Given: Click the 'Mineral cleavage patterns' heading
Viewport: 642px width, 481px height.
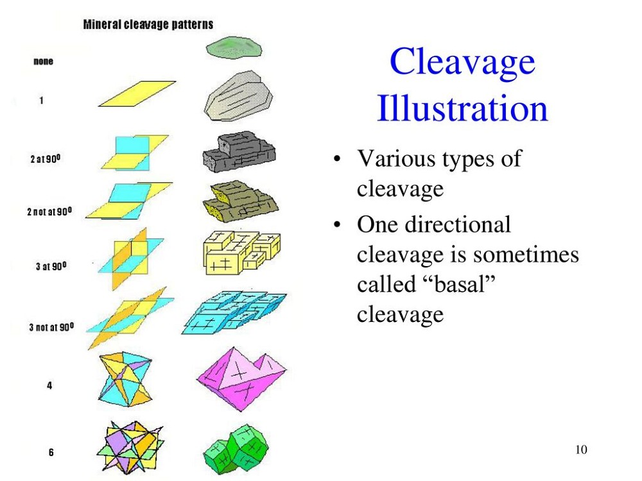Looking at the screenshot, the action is pos(148,24).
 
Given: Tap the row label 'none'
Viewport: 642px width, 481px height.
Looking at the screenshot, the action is pos(43,62).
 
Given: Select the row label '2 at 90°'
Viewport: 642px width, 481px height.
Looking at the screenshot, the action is pos(46,158).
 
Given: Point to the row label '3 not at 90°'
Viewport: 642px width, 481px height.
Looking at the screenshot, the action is pos(51,327).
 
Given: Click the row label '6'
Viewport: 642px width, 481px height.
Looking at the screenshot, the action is pos(51,452).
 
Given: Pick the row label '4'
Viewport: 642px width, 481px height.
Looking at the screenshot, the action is pos(49,385).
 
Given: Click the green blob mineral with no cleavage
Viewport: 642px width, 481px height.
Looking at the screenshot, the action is pos(234,48).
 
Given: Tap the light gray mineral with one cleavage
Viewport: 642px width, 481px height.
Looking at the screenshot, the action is pos(238,96).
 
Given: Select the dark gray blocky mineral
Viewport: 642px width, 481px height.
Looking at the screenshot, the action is pos(239,151).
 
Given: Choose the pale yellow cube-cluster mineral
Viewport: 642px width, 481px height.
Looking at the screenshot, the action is pos(241,253).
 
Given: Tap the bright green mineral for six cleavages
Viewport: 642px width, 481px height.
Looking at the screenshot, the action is pos(236,449).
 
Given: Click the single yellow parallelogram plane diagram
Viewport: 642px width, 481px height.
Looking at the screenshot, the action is pos(137,94).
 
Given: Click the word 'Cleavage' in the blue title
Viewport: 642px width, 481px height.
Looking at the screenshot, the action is pos(462,62).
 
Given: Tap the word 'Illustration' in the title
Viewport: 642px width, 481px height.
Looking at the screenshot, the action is pos(462,109).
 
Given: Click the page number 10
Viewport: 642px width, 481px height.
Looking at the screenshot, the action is pos(581,450).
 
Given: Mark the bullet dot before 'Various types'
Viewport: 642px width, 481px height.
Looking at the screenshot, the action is pos(337,158).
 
